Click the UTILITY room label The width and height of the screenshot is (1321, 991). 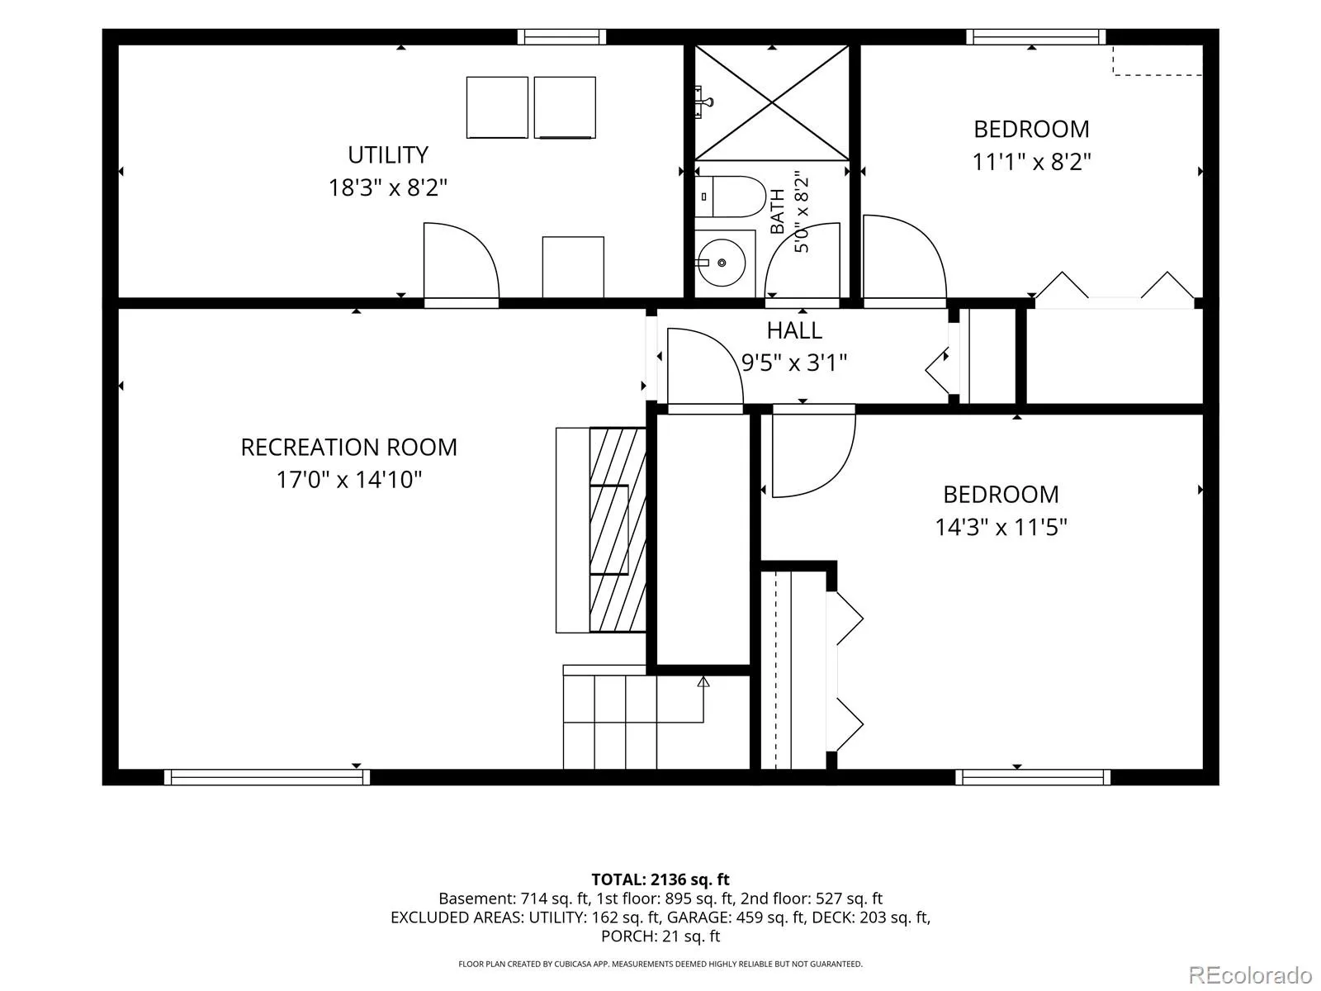pyautogui.click(x=387, y=155)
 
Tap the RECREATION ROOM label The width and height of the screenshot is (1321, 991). pyautogui.click(x=349, y=447)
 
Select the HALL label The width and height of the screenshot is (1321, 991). pyautogui.click(x=794, y=330)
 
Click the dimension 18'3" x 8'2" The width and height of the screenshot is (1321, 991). pyautogui.click(x=387, y=187)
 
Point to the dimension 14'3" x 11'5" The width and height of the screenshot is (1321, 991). pyautogui.click(x=1001, y=527)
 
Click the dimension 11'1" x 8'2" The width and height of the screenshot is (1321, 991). pyautogui.click(x=1031, y=162)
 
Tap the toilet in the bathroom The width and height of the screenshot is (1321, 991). pyautogui.click(x=730, y=197)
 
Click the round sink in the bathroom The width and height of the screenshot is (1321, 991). pyautogui.click(x=722, y=263)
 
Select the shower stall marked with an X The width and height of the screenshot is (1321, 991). pyautogui.click(x=772, y=102)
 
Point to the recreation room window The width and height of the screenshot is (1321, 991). pyautogui.click(x=268, y=777)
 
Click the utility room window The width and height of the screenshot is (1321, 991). pyautogui.click(x=561, y=36)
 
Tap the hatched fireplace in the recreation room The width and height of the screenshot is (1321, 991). pyautogui.click(x=618, y=529)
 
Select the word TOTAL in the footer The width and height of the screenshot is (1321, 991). pyautogui.click(x=618, y=880)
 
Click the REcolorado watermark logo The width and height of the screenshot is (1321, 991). pyautogui.click(x=1251, y=973)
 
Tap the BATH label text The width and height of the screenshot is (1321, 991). pyautogui.click(x=778, y=211)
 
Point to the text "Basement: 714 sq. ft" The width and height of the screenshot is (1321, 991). pyautogui.click(x=514, y=899)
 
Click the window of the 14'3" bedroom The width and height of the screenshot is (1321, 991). pyautogui.click(x=1033, y=777)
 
